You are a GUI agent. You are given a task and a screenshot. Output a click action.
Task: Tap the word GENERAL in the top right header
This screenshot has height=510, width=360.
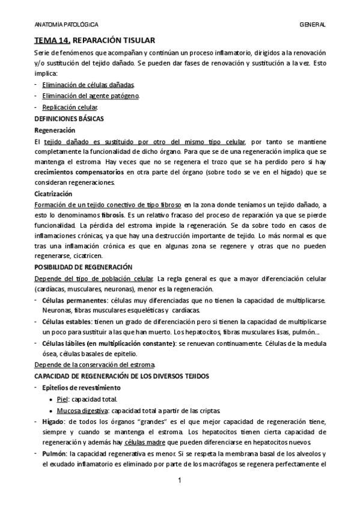click(x=313, y=25)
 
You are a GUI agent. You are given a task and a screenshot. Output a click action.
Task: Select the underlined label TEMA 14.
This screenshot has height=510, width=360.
click(x=52, y=40)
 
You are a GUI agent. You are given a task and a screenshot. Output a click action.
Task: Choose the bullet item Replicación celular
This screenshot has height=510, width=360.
click(x=70, y=107)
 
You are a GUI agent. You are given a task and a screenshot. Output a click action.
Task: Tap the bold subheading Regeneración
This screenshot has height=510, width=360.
click(x=55, y=130)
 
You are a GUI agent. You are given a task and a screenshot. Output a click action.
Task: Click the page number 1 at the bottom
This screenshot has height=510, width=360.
click(x=180, y=481)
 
